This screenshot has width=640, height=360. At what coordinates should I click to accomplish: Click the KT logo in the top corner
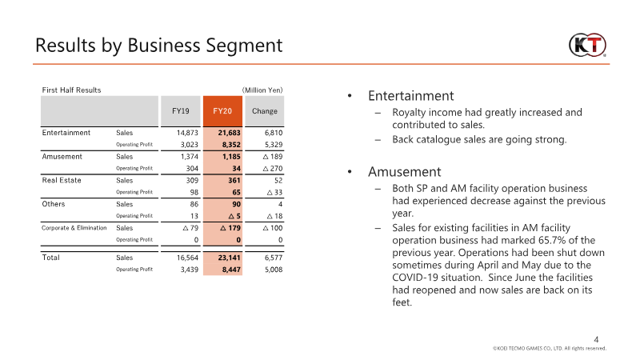587,45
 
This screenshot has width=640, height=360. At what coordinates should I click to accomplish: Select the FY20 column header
222,111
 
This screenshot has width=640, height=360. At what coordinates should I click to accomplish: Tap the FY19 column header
181,111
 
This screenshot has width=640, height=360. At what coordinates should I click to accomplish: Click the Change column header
265,111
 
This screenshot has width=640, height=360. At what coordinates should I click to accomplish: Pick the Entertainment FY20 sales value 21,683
229,133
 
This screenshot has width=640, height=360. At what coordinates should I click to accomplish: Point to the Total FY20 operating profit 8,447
231,270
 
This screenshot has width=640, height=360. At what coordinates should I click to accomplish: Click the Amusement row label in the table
62,157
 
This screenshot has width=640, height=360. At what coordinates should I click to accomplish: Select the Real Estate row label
62,181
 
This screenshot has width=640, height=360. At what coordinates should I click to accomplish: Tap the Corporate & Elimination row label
74,228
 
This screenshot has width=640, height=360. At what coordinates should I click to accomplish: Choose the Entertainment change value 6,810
274,133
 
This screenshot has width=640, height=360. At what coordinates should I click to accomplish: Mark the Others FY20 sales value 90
236,204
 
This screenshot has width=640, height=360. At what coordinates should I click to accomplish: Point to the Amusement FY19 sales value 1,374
190,157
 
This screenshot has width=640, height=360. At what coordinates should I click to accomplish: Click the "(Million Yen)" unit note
262,90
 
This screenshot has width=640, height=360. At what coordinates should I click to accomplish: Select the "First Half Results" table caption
71,90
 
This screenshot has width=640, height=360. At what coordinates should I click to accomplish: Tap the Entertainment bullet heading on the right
410,96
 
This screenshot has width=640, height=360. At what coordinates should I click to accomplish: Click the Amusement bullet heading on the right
405,172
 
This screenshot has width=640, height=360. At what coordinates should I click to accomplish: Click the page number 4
596,339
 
